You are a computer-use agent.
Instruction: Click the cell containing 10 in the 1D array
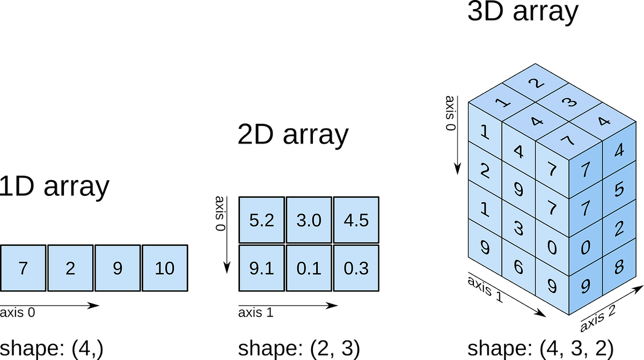pyautogui.click(x=165, y=268)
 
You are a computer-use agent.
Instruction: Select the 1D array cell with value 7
pyautogui.click(x=23, y=268)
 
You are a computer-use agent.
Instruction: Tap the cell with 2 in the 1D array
pyautogui.click(x=70, y=268)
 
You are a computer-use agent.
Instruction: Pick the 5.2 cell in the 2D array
pyautogui.click(x=261, y=220)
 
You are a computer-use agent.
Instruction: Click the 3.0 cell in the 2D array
pyautogui.click(x=309, y=220)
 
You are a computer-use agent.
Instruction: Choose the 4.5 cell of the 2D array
pyautogui.click(x=357, y=220)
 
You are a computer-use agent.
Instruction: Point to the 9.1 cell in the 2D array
pyautogui.click(x=261, y=268)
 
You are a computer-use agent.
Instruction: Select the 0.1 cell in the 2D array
pyautogui.click(x=309, y=268)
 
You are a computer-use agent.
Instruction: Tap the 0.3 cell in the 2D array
pyautogui.click(x=357, y=268)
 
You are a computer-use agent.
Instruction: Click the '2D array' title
pyautogui.click(x=293, y=135)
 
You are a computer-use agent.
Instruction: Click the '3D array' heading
pyautogui.click(x=523, y=12)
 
